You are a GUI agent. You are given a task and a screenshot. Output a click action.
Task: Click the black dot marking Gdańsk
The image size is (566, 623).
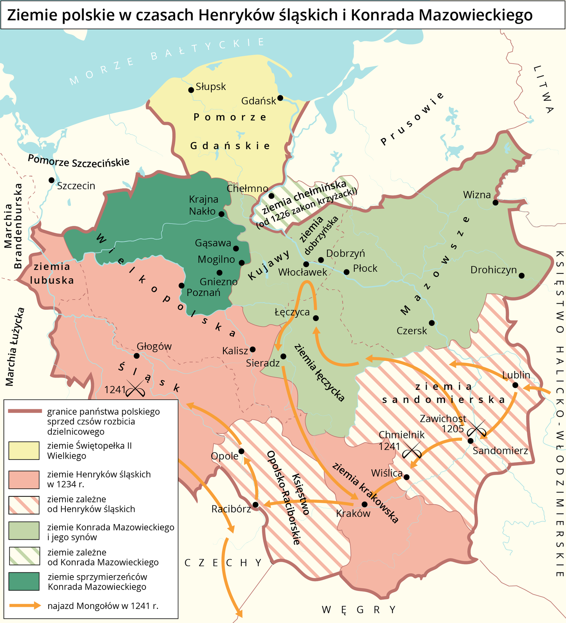click(x=280, y=98)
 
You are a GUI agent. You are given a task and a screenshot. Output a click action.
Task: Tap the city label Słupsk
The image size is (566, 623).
click(x=211, y=86)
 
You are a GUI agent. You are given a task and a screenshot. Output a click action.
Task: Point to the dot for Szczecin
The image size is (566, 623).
click(x=51, y=180)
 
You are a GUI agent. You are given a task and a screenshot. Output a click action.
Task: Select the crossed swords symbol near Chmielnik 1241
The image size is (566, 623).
click(x=412, y=451)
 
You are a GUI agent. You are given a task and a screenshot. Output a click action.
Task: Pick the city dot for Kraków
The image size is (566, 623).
click(x=364, y=504)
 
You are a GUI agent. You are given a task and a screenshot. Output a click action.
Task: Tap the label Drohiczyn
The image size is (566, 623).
click(x=493, y=270)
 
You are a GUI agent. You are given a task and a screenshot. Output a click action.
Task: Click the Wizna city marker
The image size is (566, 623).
click(x=495, y=202)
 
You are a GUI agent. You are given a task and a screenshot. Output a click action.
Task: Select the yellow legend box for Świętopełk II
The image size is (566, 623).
click(x=24, y=451)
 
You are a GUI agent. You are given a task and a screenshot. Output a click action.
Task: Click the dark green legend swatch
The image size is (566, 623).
click(x=24, y=581)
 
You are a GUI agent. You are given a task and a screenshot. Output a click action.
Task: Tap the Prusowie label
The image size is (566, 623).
click(x=412, y=118)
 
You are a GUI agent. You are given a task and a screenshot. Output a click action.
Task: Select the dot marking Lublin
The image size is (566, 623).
click(x=515, y=385)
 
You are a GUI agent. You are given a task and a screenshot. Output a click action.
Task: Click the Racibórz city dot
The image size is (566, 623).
click(x=255, y=505)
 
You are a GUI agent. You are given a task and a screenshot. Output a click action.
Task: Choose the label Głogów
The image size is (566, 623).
click(x=154, y=346)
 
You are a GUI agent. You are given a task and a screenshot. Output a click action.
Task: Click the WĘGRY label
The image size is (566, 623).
click(x=359, y=609)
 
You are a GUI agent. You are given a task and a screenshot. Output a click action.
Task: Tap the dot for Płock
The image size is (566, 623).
click(x=346, y=272)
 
